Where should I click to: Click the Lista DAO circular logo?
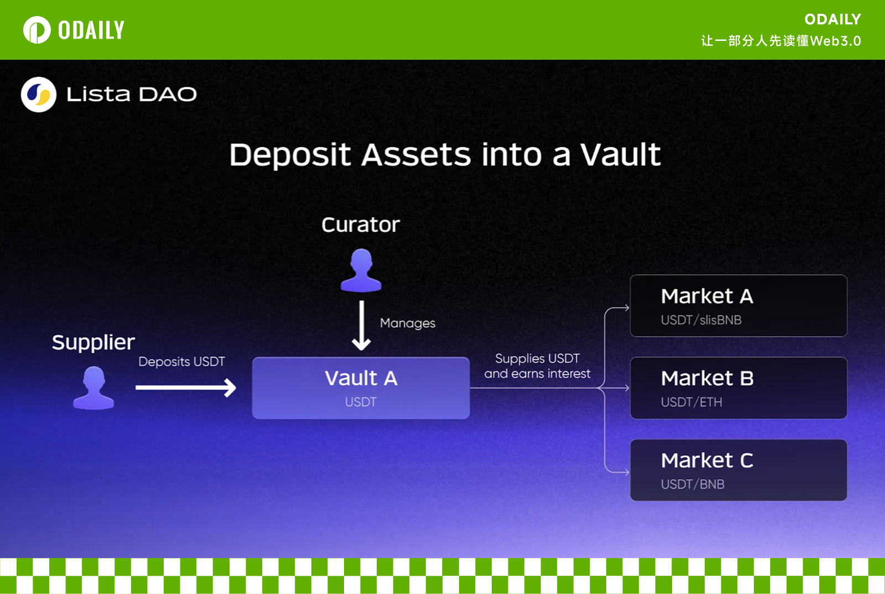[x=38, y=95]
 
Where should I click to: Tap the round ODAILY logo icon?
[x=37, y=30]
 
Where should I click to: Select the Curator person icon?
[x=361, y=270]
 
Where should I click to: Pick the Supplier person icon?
[x=93, y=388]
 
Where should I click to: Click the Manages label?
[x=407, y=323]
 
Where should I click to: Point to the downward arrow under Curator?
[x=361, y=325]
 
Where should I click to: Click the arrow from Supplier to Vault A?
[x=186, y=388]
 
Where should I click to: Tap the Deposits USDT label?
[x=181, y=361]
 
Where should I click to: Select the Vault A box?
[x=361, y=388]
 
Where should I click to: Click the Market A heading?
[x=707, y=296]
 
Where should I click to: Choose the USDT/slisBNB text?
[x=701, y=320]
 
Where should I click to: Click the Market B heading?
[x=707, y=378]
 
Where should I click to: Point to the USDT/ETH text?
[x=691, y=402]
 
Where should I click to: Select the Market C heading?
[x=707, y=461]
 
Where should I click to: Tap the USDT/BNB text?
[x=693, y=484]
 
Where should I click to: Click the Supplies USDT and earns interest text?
[x=537, y=366]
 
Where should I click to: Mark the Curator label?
[x=360, y=225]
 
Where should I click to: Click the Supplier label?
[x=93, y=342]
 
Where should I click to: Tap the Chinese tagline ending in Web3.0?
[x=780, y=41]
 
